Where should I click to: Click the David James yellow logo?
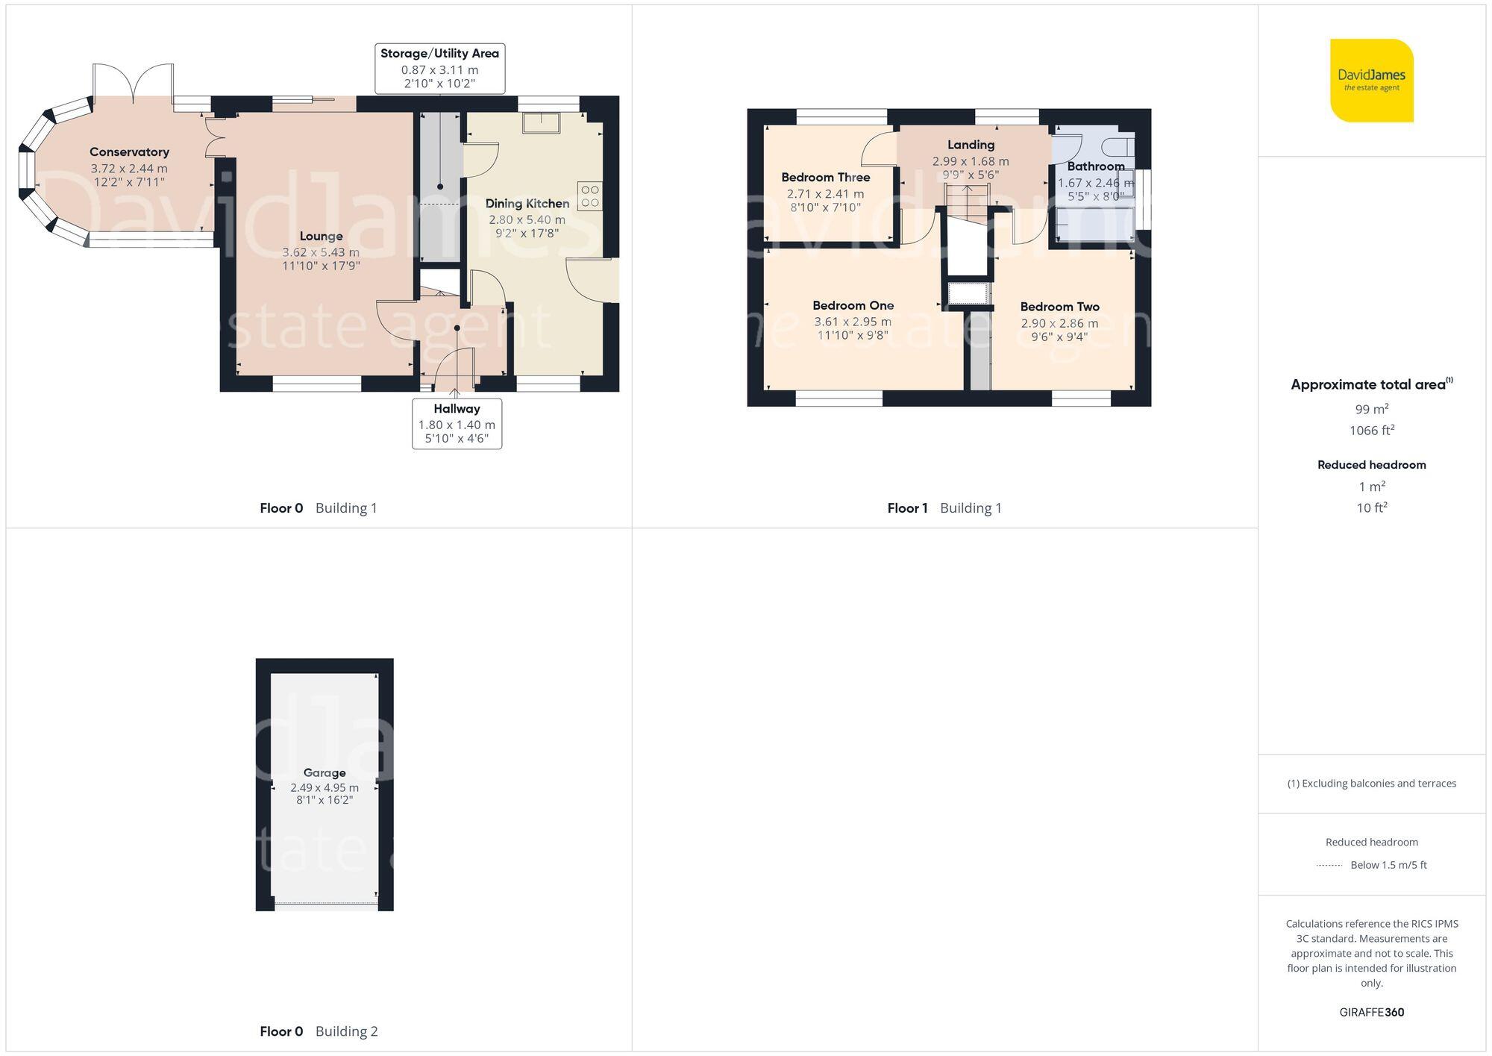(x=1371, y=81)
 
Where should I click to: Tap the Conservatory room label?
(x=129, y=152)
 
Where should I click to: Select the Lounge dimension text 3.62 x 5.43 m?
(x=321, y=252)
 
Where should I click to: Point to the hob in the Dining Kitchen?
(x=589, y=196)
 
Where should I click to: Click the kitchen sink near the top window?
(x=541, y=122)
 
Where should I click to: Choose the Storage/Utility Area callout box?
(x=439, y=69)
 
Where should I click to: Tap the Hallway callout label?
(x=457, y=409)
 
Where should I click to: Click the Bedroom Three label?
(x=825, y=178)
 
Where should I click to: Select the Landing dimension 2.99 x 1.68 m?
(x=970, y=161)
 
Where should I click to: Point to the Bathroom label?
(x=1095, y=166)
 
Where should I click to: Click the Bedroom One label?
(x=853, y=305)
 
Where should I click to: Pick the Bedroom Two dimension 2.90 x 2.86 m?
(x=1059, y=323)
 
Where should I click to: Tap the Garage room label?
(x=324, y=773)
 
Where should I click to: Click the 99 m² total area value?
(x=1371, y=409)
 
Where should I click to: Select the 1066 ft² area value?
(x=1371, y=431)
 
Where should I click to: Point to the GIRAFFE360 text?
(x=1371, y=1013)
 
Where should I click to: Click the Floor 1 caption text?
(x=907, y=508)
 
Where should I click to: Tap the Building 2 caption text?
(x=346, y=1031)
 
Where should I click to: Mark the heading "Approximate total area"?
(x=1367, y=385)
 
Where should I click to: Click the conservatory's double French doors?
(x=134, y=82)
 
